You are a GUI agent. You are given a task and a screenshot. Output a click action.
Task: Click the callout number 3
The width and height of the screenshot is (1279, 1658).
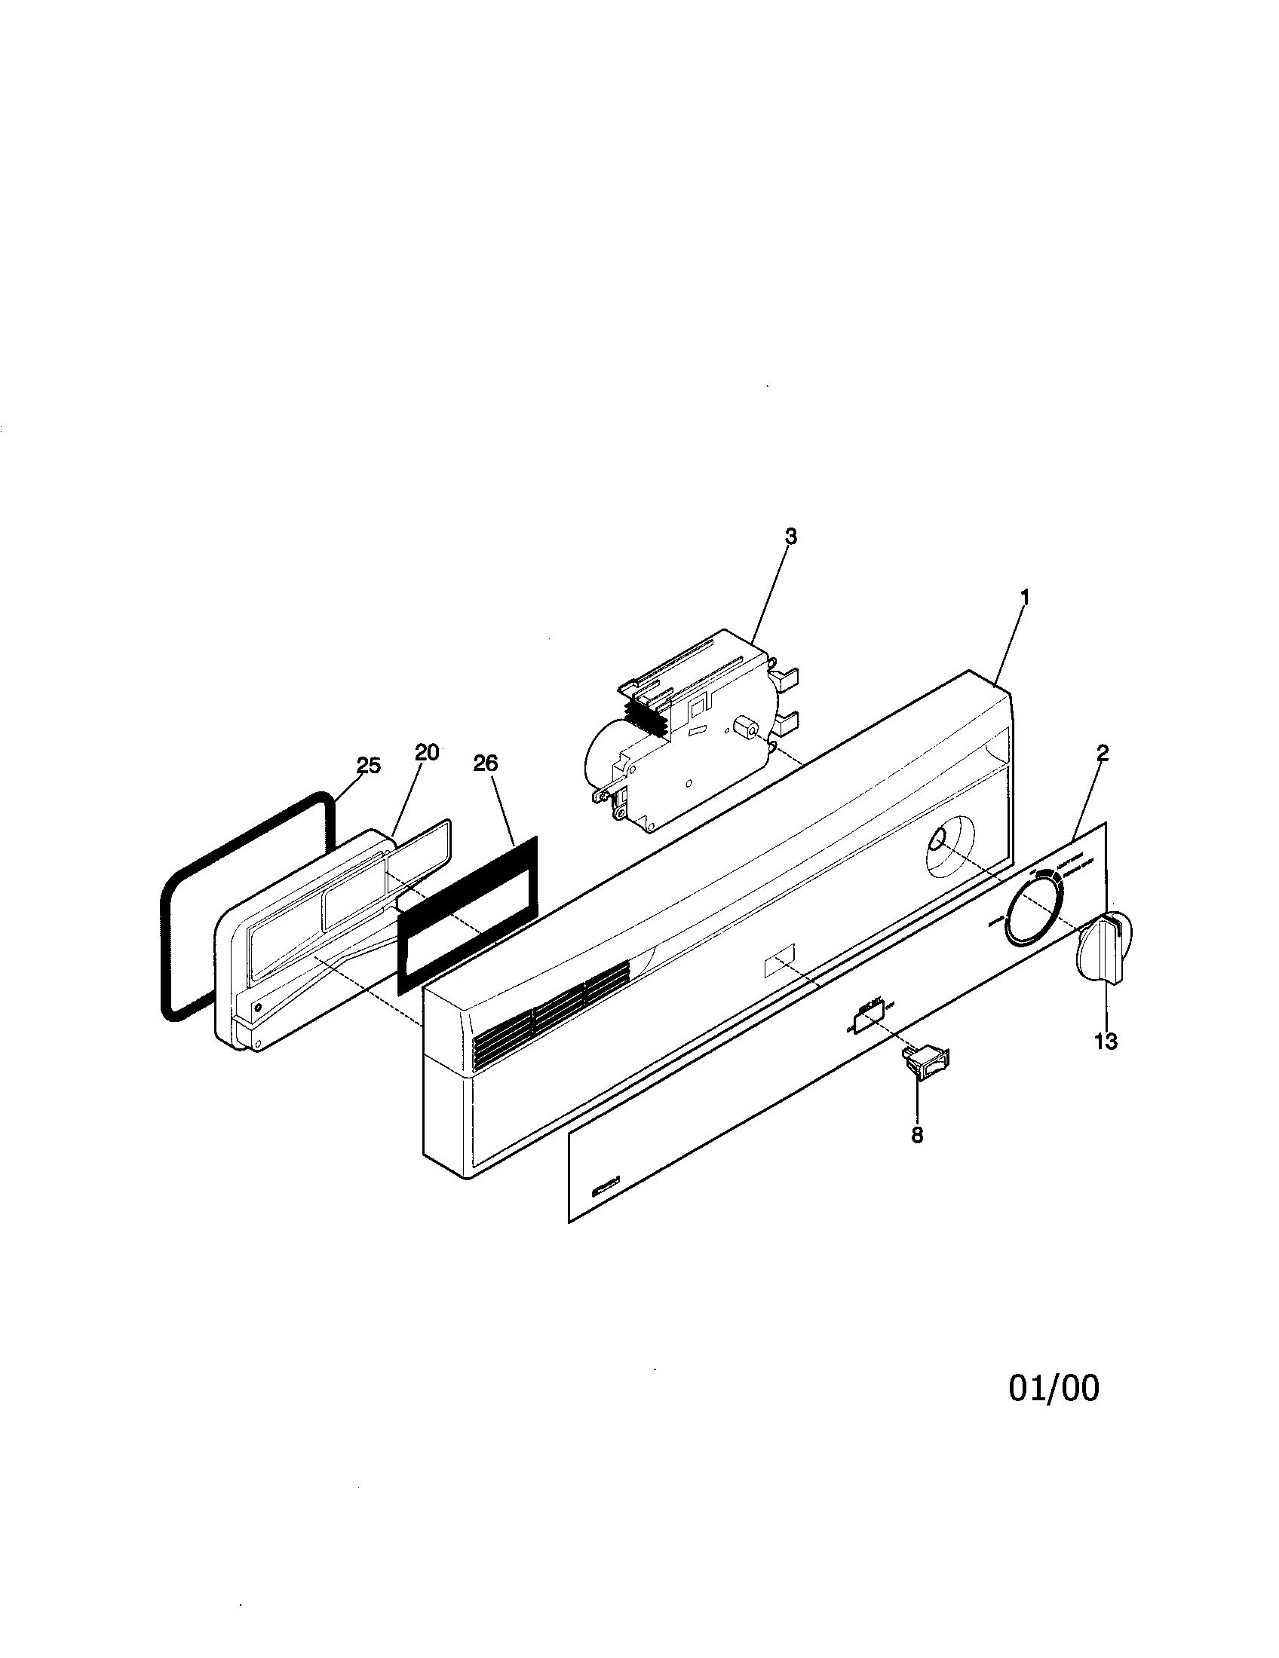tap(790, 536)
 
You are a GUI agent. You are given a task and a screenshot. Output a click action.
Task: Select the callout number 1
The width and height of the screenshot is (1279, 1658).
tap(1024, 598)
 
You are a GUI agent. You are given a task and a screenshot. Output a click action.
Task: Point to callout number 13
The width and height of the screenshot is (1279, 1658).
tap(1106, 1042)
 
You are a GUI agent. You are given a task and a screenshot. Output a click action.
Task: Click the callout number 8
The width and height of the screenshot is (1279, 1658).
tap(918, 1156)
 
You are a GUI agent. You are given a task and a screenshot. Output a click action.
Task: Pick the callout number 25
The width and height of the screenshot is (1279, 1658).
tap(368, 765)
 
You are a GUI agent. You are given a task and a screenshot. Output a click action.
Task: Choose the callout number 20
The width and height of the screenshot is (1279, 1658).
tap(427, 752)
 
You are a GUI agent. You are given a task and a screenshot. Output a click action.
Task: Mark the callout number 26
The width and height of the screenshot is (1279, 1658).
tap(486, 763)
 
